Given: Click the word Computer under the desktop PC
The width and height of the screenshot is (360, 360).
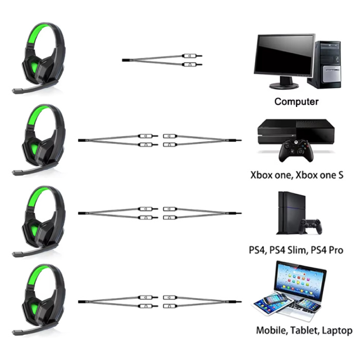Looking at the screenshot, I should point(296,101).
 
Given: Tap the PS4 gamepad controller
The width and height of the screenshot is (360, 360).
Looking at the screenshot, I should point(311,225).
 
